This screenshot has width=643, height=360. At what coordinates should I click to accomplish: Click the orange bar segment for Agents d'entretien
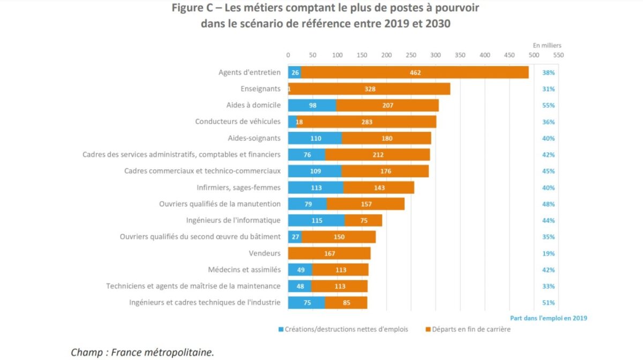click(x=414, y=72)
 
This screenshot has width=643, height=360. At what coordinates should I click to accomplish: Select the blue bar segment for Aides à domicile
click(x=312, y=106)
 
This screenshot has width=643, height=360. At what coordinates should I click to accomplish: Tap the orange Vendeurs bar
click(x=329, y=253)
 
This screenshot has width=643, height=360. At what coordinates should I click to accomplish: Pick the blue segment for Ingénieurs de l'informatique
click(x=316, y=221)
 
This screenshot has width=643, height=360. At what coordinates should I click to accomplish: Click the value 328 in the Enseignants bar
click(x=369, y=89)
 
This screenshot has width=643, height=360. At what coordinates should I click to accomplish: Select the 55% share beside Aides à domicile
click(x=548, y=106)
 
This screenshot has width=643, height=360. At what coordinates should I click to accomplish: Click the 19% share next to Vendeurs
click(x=548, y=253)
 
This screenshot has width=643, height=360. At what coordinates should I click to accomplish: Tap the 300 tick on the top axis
click(x=436, y=55)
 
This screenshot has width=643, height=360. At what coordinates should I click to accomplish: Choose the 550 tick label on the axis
click(x=558, y=55)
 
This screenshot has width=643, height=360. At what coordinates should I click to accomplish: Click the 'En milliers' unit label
click(x=547, y=46)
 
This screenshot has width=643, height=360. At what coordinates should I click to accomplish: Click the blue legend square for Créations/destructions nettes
click(x=281, y=329)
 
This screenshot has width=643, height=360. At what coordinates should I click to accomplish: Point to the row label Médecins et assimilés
click(x=244, y=270)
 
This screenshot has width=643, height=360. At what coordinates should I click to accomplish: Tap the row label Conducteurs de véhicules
click(x=237, y=122)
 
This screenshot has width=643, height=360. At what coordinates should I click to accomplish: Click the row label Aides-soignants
click(x=254, y=138)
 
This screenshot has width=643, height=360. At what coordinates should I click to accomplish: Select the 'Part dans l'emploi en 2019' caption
click(x=548, y=318)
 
